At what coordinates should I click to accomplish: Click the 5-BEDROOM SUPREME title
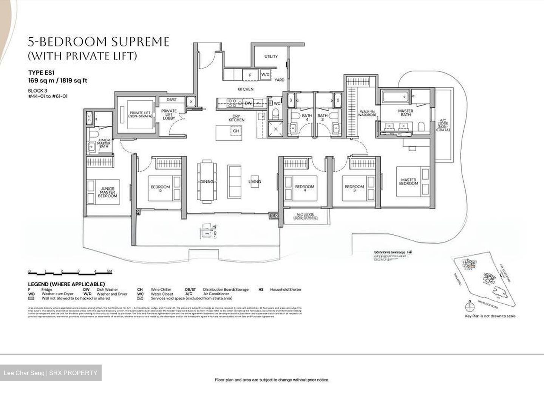(99, 42)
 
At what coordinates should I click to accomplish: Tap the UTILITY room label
(271, 56)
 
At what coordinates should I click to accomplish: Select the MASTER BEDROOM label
(408, 182)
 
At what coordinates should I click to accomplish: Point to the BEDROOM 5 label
(160, 188)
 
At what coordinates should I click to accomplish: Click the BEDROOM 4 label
(304, 188)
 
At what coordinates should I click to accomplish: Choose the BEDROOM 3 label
(354, 188)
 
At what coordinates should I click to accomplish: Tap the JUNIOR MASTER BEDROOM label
(107, 192)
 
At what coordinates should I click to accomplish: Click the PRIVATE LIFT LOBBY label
(169, 115)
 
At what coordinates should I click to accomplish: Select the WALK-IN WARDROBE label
(368, 113)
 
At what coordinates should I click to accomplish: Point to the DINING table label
(207, 182)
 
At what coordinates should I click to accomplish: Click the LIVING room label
(255, 182)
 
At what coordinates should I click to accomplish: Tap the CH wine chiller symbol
(236, 131)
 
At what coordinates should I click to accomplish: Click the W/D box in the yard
(266, 75)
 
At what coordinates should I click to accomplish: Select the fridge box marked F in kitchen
(250, 75)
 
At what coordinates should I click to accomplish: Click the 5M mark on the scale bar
(110, 272)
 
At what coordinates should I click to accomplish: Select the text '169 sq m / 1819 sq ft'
(58, 81)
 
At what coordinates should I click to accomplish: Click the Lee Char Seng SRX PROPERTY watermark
(51, 373)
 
